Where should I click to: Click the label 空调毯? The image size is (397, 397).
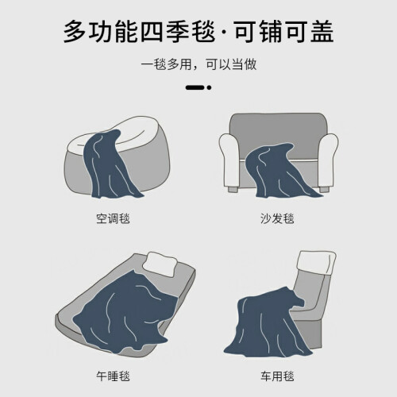click(x=113, y=219)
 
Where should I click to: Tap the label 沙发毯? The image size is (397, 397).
click(x=277, y=219)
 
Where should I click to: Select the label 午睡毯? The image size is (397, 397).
click(x=113, y=376)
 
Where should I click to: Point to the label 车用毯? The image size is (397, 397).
click(x=277, y=376)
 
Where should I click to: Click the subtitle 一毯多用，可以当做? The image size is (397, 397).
click(x=198, y=64)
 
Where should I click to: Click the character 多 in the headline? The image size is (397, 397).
click(x=75, y=32)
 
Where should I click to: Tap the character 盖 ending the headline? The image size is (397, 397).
click(x=322, y=32)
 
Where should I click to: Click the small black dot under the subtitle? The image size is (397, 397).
click(x=209, y=87)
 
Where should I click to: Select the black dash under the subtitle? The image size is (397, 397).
click(x=195, y=87)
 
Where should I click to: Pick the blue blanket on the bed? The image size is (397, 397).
click(x=125, y=312)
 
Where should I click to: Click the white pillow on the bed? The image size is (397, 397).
click(x=160, y=264)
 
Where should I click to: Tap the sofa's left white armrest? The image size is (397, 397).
click(x=229, y=159)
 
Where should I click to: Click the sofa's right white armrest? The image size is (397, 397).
click(x=328, y=159)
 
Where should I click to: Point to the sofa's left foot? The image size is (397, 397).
click(x=233, y=190)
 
